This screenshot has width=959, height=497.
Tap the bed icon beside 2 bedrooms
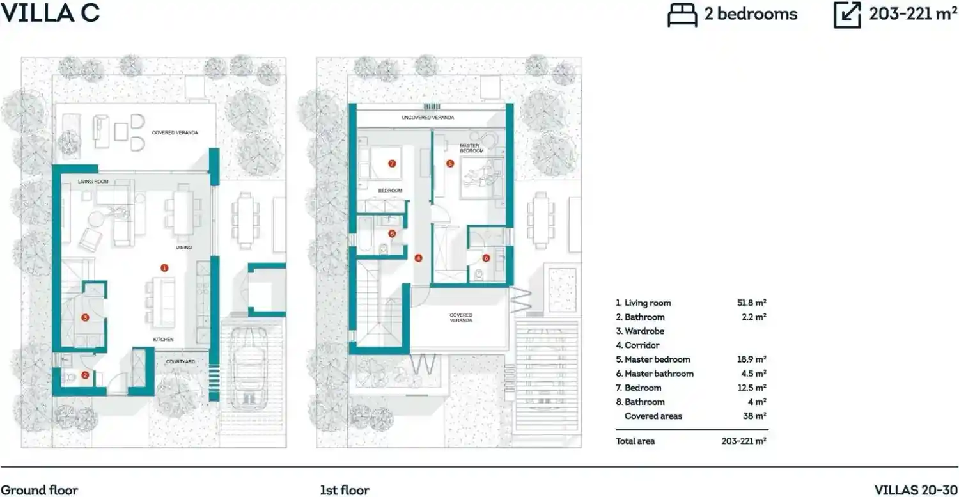pos(682,15)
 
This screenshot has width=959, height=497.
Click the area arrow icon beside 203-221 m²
pos(847,15)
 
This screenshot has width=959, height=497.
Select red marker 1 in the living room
pos(164,268)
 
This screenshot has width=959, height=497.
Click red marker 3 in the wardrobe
pos(85,317)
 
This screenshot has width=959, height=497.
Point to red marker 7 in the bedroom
pos(392,164)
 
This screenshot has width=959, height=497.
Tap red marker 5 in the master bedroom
pos(450,164)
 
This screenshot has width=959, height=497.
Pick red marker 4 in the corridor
pos(418,258)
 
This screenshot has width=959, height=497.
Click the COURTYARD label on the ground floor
pos(180,361)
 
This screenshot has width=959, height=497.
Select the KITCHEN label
pos(164,340)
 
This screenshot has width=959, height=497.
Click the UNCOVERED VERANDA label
pos(428,118)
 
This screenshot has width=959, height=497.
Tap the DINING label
pos(183,247)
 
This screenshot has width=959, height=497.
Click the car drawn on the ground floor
pos(249,368)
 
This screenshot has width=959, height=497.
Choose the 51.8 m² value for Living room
pos(752,303)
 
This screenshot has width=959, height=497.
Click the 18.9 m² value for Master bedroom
pos(752,359)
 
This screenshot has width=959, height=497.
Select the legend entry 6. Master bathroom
pos(655,374)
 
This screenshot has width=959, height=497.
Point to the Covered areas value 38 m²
pos(755,416)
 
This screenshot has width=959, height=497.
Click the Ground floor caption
pos(40,490)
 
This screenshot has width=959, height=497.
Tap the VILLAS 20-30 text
pos(916,490)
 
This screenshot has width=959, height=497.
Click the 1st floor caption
pos(345,490)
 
